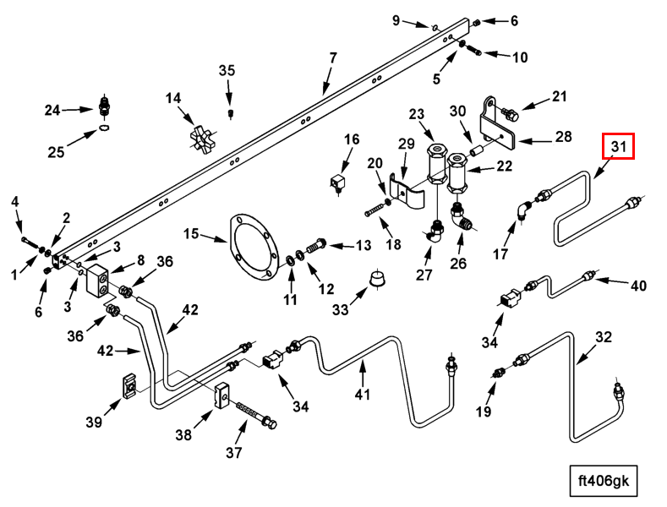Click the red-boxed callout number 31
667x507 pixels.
[x=618, y=147]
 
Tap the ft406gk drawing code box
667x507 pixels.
[x=603, y=481]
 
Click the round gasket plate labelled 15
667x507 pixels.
[x=251, y=246]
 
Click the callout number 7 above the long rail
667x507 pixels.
[x=333, y=58]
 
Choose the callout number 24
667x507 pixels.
[x=52, y=110]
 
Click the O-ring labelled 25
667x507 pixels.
[x=103, y=128]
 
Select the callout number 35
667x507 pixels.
[x=227, y=70]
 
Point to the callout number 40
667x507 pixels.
[x=638, y=286]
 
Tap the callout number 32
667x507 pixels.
[x=602, y=338]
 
